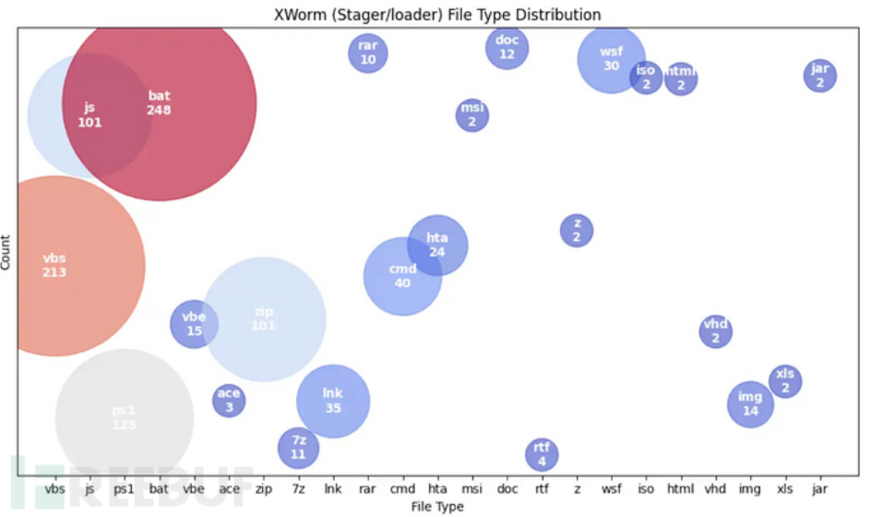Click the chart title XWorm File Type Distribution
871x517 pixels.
438,15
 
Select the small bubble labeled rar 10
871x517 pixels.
368,53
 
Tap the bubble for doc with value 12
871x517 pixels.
507,48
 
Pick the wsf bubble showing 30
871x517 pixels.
611,59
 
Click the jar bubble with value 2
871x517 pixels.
819,76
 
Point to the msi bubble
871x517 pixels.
472,114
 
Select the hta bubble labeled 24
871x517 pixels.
437,246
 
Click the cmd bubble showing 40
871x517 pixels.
402,276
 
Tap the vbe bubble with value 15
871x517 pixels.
194,324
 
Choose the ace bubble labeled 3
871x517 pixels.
229,400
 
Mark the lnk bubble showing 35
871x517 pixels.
333,401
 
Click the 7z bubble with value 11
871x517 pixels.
298,448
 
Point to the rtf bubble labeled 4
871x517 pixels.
542,454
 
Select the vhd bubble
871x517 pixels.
716,331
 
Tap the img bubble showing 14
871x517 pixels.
750,403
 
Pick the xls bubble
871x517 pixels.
785,380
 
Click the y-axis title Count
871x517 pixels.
7,251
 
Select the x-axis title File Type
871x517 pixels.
436,506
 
